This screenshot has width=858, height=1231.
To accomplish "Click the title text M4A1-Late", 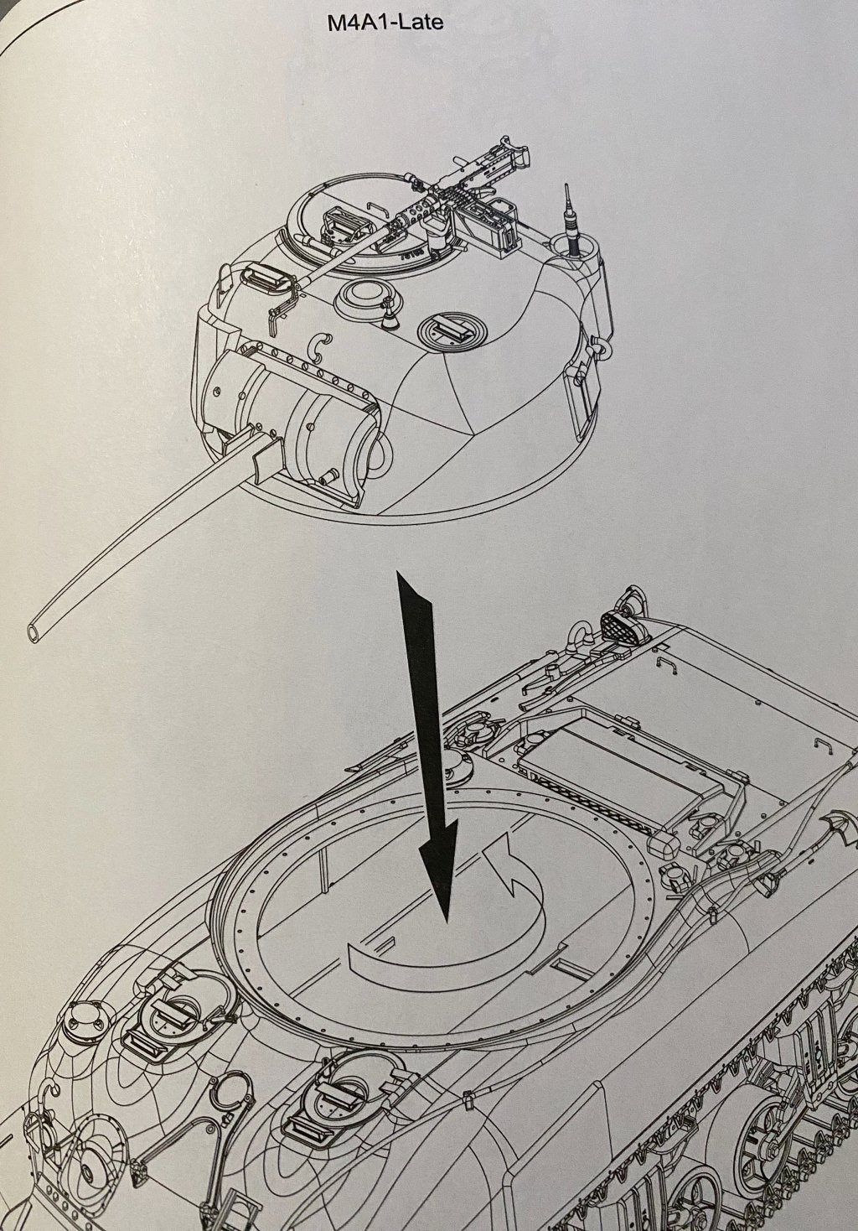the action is point(385,23).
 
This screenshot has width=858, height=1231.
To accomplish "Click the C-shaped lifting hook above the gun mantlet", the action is point(318,348).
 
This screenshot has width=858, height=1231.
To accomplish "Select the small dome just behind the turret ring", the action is point(458,765).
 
